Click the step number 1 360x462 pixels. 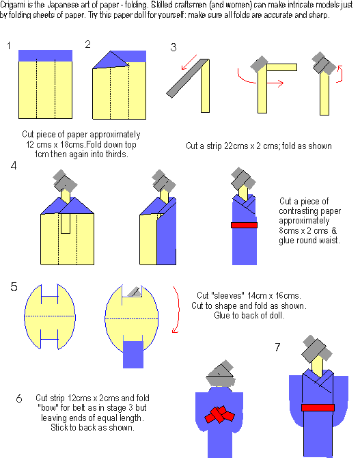pyautogui.click(x=9, y=46)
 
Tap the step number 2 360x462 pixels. pyautogui.click(x=87, y=44)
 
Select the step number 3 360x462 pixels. pyautogui.click(x=174, y=47)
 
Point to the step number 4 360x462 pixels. pyautogui.click(x=14, y=166)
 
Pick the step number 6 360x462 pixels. pyautogui.click(x=18, y=398)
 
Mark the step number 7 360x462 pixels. pyautogui.click(x=277, y=348)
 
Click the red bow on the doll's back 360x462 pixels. pyautogui.click(x=219, y=415)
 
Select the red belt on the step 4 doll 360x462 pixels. pyautogui.click(x=244, y=225)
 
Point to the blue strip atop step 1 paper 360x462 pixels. pyautogui.click(x=46, y=55)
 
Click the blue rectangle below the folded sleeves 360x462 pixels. pyautogui.click(x=134, y=357)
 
